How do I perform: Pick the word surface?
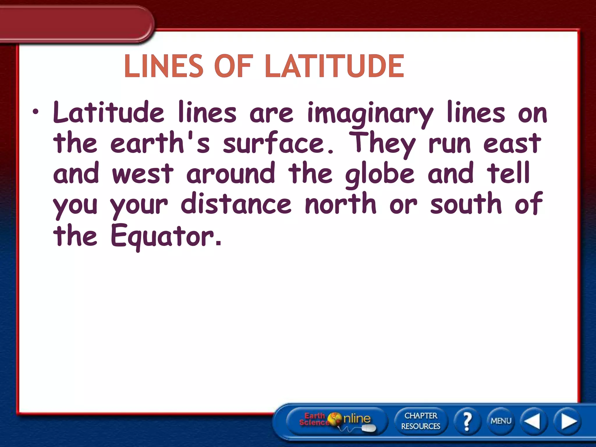pos(278,143)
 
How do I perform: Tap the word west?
pos(143,174)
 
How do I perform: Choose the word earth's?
pos(160,143)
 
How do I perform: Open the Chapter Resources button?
pos(421,421)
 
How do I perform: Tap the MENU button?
pos(501,421)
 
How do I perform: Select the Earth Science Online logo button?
pos(336,421)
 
